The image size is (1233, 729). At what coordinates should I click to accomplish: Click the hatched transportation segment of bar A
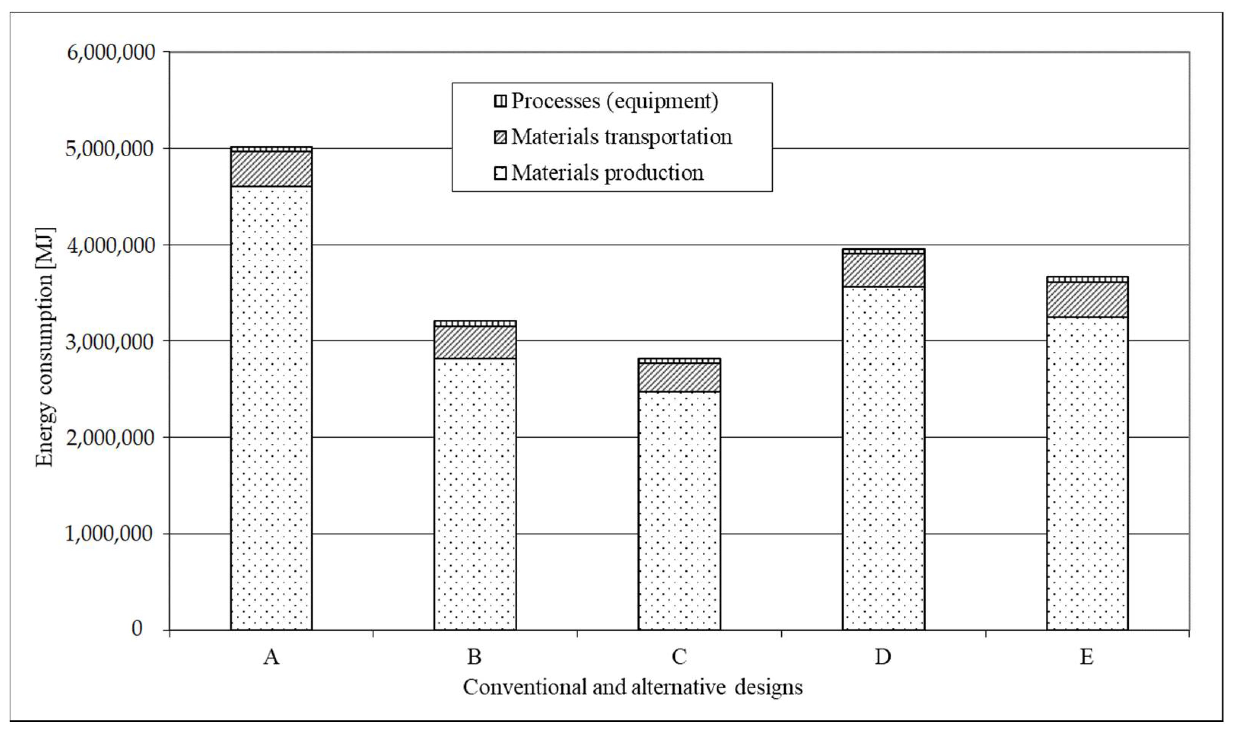[x=271, y=168]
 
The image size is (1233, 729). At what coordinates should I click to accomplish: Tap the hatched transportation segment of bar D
[x=883, y=270]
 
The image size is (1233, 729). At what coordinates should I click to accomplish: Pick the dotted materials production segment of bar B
[x=475, y=494]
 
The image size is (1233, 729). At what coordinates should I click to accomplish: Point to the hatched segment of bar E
[x=1087, y=299]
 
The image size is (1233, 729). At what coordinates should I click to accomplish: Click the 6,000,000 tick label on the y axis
[x=111, y=52]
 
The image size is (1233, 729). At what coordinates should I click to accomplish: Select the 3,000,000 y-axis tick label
[x=111, y=341]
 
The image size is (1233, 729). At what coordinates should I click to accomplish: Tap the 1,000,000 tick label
[x=111, y=534]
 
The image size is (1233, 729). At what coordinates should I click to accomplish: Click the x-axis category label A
[x=271, y=657]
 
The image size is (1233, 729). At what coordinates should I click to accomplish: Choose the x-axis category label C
[x=679, y=657]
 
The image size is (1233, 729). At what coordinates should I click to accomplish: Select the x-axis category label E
[x=1087, y=657]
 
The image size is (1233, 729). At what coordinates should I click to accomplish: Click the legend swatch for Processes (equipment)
[x=500, y=102]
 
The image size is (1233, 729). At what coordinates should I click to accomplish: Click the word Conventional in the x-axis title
[x=524, y=687]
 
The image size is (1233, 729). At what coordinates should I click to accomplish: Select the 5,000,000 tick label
[x=111, y=149]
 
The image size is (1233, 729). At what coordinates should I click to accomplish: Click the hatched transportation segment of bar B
[x=475, y=342]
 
